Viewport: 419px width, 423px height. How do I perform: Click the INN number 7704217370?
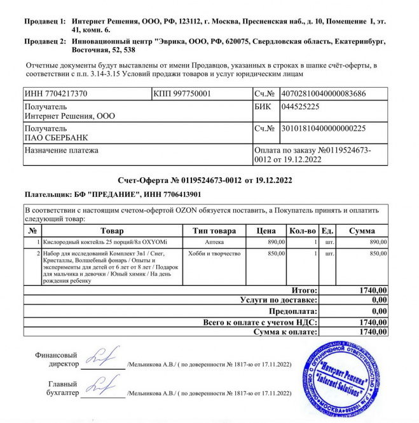click(55, 95)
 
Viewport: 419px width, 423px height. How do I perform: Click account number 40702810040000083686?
click(323, 94)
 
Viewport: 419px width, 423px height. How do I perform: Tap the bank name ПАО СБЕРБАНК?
click(57, 137)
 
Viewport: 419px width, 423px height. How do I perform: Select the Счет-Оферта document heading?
click(205, 181)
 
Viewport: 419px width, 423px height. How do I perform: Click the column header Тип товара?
click(214, 231)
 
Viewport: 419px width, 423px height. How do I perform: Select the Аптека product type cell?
click(214, 243)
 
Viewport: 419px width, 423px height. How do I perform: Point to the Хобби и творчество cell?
click(214, 254)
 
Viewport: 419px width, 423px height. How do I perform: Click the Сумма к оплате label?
click(284, 332)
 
